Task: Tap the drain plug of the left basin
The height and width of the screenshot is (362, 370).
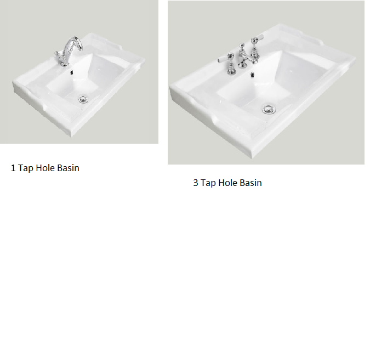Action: pyautogui.click(x=83, y=99)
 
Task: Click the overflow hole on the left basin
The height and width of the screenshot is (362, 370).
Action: pyautogui.click(x=71, y=72)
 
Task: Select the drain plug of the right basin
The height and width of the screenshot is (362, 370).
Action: pyautogui.click(x=269, y=109)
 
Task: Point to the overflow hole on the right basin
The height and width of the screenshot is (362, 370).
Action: pyautogui.click(x=252, y=75)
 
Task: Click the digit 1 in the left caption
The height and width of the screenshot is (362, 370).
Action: pyautogui.click(x=13, y=168)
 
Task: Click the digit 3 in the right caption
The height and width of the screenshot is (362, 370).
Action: pyautogui.click(x=195, y=183)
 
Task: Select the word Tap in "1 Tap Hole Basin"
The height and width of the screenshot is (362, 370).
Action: pyautogui.click(x=25, y=168)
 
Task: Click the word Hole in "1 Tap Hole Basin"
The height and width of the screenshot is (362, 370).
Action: pyautogui.click(x=45, y=168)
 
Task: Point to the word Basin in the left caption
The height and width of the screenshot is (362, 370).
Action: pyautogui.click(x=68, y=168)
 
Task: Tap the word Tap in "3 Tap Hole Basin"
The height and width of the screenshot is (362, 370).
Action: pyautogui.click(x=208, y=183)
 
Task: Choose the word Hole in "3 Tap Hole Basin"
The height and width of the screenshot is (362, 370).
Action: pyautogui.click(x=228, y=183)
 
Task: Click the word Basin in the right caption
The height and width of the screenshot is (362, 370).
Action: pyautogui.click(x=251, y=183)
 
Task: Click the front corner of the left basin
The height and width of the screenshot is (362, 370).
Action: pyautogui.click(x=71, y=135)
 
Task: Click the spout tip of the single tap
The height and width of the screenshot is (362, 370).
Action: pyautogui.click(x=81, y=49)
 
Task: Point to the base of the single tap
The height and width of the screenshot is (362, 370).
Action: pyautogui.click(x=64, y=64)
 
